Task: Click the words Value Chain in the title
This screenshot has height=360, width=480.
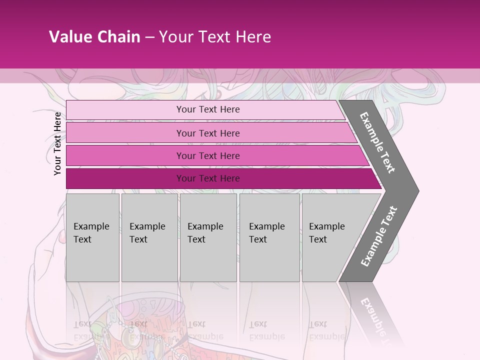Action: tap(94, 37)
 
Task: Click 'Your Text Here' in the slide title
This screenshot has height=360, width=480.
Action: tap(215, 37)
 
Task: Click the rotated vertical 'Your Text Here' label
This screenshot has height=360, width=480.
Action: tap(57, 143)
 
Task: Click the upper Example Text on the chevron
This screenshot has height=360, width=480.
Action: tap(378, 142)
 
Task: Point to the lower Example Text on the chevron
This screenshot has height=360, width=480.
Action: tap(379, 236)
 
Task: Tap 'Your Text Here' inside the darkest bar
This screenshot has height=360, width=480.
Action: tap(208, 178)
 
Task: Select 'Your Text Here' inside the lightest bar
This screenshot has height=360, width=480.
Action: tap(208, 109)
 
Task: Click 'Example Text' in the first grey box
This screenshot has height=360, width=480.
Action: tap(91, 232)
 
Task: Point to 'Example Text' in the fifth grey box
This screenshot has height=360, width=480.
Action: tap(326, 232)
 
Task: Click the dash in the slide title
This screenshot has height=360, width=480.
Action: tap(149, 37)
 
